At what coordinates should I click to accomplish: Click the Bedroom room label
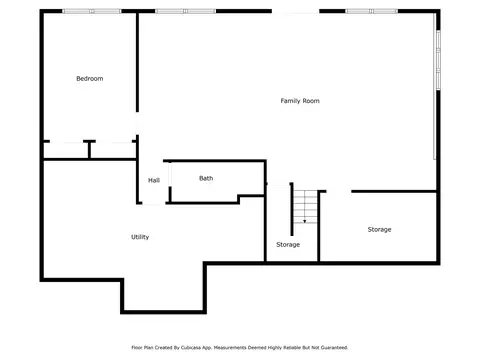tap(90, 79)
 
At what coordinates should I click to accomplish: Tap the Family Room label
tap(300, 101)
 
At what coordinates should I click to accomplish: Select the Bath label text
tap(206, 178)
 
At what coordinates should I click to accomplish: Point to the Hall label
tap(154, 180)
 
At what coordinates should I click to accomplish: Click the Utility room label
tap(140, 237)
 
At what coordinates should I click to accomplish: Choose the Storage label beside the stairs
tap(288, 245)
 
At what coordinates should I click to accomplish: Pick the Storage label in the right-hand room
tap(379, 229)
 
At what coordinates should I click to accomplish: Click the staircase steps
tap(305, 206)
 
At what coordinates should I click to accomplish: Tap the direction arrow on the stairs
tap(304, 221)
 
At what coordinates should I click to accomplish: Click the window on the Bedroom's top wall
tap(92, 11)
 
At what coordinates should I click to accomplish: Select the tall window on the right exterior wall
tap(438, 60)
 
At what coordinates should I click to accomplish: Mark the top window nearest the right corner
tap(371, 11)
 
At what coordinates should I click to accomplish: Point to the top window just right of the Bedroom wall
tap(185, 11)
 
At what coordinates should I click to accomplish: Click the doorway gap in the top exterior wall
tap(295, 11)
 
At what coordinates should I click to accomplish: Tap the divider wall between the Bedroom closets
tap(89, 149)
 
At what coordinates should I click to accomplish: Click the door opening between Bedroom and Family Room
tap(137, 123)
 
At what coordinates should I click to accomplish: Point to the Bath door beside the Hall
tap(170, 174)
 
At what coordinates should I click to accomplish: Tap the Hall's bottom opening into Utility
tap(154, 203)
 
